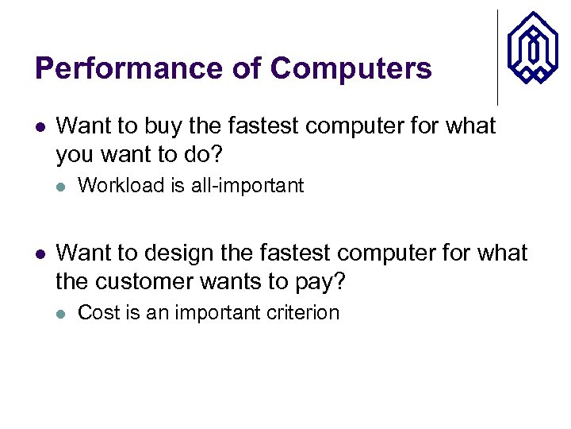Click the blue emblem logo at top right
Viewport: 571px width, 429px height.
532,48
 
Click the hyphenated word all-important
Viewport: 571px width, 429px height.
247,186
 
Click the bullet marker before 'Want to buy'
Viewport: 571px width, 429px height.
40,126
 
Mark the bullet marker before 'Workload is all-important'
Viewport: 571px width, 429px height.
62,187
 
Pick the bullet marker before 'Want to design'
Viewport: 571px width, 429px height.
40,254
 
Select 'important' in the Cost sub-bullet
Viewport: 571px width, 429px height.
217,313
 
